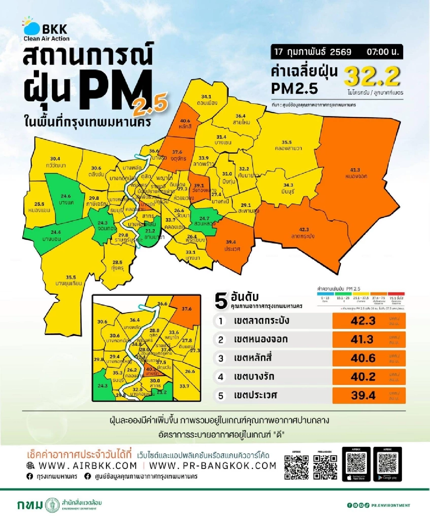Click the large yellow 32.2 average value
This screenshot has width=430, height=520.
tap(372, 76)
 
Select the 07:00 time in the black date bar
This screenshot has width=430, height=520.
tap(382, 52)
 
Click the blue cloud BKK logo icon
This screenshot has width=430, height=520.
tap(31, 28)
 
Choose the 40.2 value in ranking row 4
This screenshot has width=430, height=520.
tap(363, 377)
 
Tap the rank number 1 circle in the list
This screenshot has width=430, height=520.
tap(221, 321)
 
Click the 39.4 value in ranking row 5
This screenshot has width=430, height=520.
tap(363, 395)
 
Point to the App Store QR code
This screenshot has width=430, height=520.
tap(356, 463)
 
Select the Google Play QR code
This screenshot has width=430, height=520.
tap(387, 463)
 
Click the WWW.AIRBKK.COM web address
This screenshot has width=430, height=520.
tap(87, 466)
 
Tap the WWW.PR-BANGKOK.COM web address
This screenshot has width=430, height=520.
tap(212, 466)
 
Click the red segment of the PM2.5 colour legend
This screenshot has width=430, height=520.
tap(396, 294)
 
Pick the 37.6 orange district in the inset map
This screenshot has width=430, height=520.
tap(186, 309)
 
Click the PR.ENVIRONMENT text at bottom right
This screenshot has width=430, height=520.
tap(391, 505)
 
